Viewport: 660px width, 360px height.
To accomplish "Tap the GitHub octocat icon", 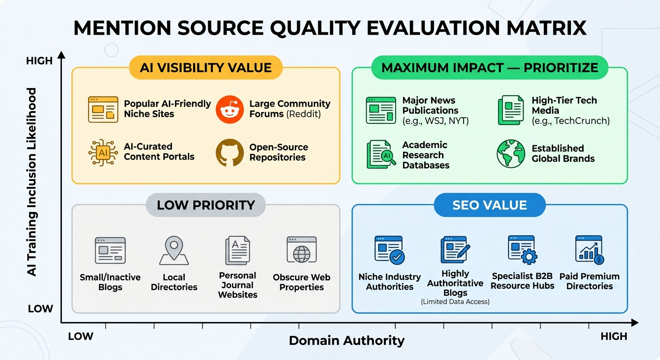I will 230,153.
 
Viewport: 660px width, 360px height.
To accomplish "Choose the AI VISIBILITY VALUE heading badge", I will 205,67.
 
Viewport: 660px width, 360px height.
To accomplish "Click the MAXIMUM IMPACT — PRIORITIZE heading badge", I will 489,67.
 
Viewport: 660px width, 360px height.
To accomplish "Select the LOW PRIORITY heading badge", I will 206,205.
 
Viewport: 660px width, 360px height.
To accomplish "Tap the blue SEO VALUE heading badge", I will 489,205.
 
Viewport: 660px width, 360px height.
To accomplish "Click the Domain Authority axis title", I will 346,340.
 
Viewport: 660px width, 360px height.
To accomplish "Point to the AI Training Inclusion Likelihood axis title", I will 32,182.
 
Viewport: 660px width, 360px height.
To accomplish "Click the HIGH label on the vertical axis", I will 39,61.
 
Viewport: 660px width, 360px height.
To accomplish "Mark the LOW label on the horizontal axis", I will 81,336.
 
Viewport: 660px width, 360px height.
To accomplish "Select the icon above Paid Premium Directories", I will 589,250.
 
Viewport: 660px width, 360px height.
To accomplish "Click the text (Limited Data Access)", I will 455,302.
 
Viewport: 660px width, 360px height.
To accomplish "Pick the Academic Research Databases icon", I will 379,154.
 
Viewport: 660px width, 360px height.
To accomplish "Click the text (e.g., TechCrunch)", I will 570,121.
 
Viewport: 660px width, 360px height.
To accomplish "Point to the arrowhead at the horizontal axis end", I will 634,322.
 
